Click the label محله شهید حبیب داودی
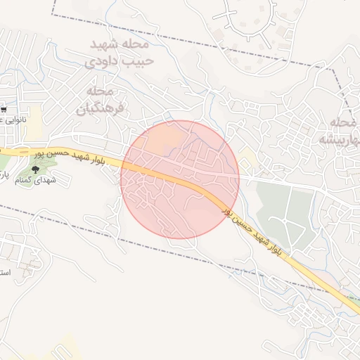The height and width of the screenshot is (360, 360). (x=118, y=53)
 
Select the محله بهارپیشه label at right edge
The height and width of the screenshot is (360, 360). (x=341, y=130)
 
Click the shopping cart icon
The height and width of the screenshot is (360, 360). (x=5, y=109)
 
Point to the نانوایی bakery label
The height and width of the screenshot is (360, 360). (x=13, y=120)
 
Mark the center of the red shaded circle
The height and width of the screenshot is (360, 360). (x=180, y=179)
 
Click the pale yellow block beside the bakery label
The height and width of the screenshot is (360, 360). (x=35, y=116)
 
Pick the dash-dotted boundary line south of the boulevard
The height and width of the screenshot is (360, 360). (x=141, y=247)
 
